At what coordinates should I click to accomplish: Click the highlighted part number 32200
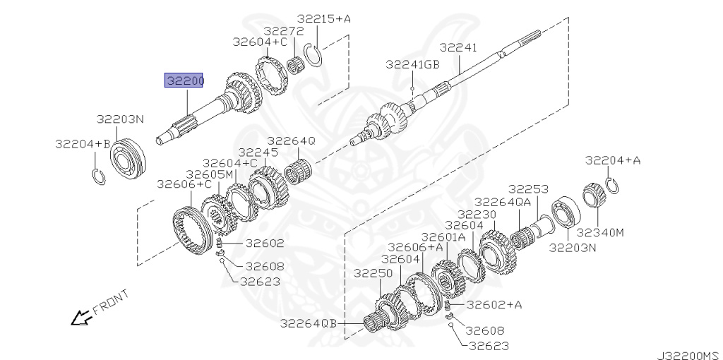pos(184,80)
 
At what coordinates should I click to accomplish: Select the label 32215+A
pos(323,18)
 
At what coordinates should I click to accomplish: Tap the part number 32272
pos(284,31)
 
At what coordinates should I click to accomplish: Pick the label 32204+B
pos(83,144)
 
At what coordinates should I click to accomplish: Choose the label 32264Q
pos(292,141)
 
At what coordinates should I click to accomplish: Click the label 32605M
pos(210,174)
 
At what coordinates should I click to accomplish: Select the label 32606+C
pos(184,184)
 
